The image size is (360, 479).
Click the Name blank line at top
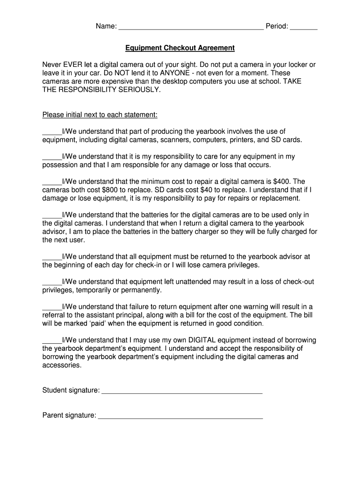point(191,27)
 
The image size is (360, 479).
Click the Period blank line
point(303,27)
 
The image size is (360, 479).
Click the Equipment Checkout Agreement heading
point(180,48)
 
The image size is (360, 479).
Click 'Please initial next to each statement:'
point(100,115)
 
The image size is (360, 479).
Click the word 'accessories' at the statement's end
point(62,365)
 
